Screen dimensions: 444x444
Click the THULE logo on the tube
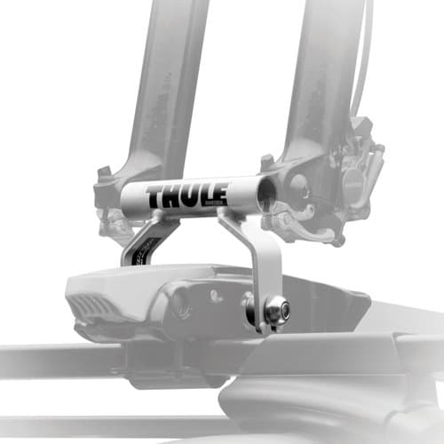point(186,195)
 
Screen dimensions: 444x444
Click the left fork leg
point(164,89)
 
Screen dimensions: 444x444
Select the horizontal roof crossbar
point(53,360)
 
